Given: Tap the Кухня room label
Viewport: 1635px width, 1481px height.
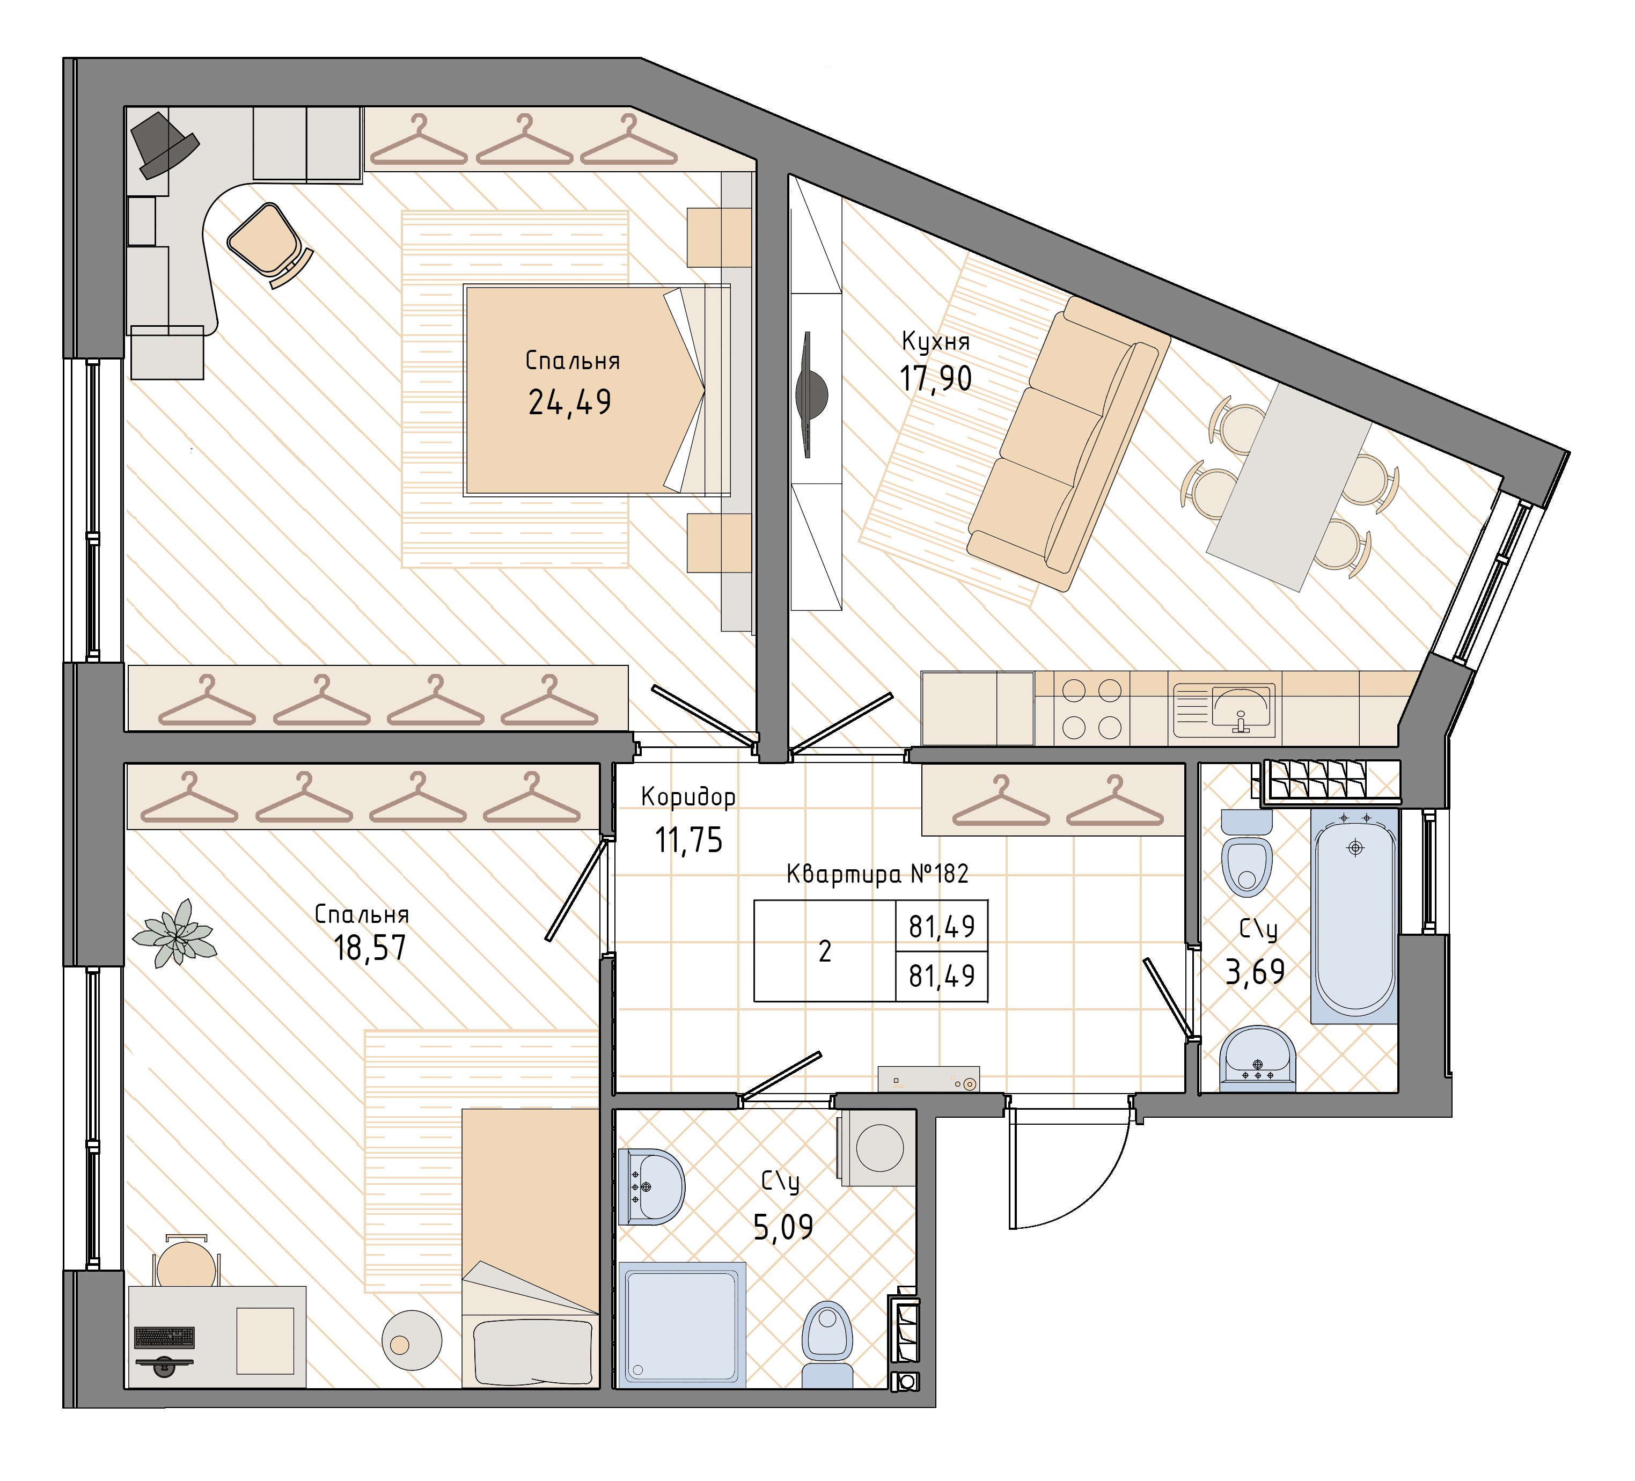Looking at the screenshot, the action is click(x=936, y=341).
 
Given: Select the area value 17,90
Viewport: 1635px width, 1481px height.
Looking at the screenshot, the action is click(x=935, y=379).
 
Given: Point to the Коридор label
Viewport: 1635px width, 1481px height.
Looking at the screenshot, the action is click(x=688, y=797).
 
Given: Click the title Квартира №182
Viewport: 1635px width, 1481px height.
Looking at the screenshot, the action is click(x=877, y=874).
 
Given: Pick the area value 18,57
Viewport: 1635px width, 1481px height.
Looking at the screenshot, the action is click(x=370, y=947).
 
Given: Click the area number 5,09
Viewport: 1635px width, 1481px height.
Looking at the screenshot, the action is click(x=783, y=1227).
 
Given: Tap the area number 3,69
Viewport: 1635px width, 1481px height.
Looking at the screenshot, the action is click(x=1255, y=971).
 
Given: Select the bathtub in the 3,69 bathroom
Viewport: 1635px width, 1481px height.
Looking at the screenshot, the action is click(x=1354, y=914).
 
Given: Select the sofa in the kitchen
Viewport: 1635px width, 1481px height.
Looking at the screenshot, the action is click(x=1069, y=444).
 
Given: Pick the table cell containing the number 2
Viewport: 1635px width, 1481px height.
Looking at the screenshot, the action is click(x=825, y=950).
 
